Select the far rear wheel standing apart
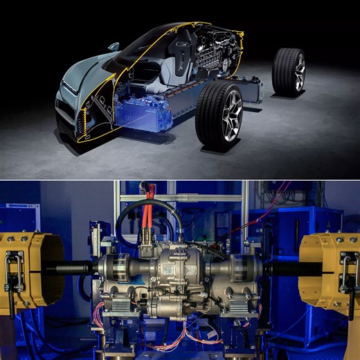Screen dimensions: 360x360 tap(288, 71)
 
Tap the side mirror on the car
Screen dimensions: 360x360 tap(114, 47)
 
